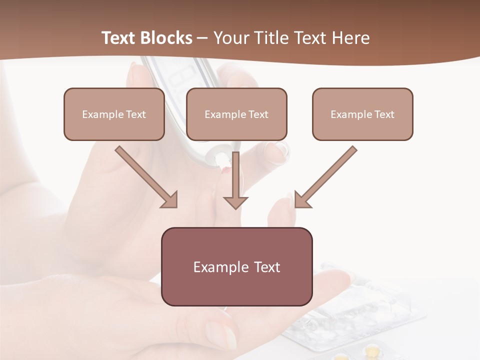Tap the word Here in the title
click(x=350, y=38)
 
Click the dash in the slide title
click(x=202, y=38)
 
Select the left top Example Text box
click(x=114, y=114)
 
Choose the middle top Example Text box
click(x=236, y=114)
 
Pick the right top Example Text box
click(x=362, y=114)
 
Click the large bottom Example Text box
click(x=236, y=266)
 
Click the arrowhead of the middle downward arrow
click(x=235, y=202)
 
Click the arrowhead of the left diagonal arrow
click(x=170, y=200)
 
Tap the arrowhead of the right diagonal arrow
click(x=301, y=200)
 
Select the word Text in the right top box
click(x=384, y=114)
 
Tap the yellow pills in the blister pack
click(x=372, y=348)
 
